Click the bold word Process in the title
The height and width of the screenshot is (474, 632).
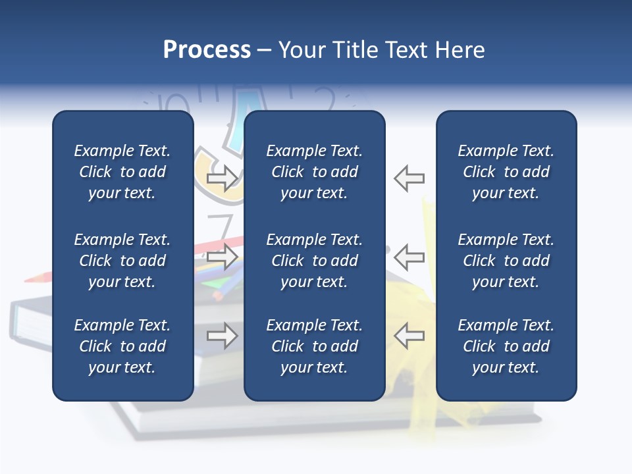tap(207, 50)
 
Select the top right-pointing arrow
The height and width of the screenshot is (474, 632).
tap(223, 178)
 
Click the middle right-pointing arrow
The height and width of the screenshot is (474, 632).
tap(223, 257)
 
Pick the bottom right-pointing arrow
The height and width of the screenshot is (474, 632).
tap(223, 336)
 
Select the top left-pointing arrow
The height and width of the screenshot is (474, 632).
tap(409, 178)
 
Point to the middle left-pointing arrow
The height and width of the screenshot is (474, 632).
tap(409, 257)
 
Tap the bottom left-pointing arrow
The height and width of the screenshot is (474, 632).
tap(409, 336)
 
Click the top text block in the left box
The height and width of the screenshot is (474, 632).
tap(122, 172)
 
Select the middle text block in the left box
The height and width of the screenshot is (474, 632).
tap(122, 261)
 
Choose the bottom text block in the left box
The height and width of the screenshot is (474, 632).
tap(122, 346)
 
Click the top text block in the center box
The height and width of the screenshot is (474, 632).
tap(314, 172)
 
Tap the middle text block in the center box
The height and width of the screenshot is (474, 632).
tap(314, 261)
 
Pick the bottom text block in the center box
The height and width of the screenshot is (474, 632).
tap(314, 346)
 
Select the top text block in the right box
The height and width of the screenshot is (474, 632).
tap(506, 172)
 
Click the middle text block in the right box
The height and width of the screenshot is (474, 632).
tap(506, 261)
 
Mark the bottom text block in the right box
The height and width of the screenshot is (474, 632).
tap(506, 346)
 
